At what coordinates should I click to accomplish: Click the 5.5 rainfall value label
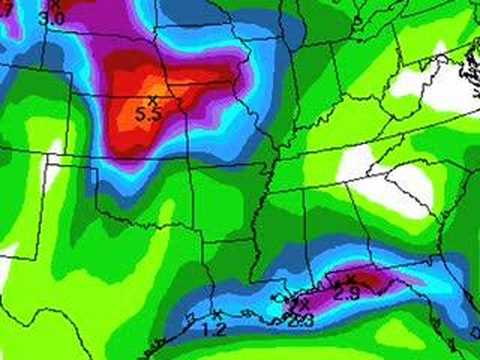coord(148,114)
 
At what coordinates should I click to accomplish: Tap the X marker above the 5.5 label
coord(153,100)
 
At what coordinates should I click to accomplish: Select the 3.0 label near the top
coord(52,17)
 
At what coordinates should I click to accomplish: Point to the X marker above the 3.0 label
coord(56,5)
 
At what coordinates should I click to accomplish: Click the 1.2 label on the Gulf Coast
coord(214,329)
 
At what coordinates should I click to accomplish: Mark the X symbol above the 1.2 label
coord(216,316)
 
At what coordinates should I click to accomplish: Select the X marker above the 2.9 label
coord(352,279)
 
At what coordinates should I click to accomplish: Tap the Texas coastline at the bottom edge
coord(150,350)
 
